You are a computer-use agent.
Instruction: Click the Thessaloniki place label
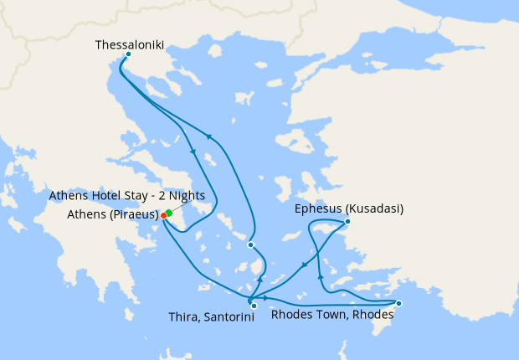[x=130, y=44]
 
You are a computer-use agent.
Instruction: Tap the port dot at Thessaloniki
[x=127, y=55]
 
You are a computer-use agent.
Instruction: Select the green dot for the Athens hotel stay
[x=169, y=213]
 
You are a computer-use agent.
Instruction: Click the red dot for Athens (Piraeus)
[x=163, y=215]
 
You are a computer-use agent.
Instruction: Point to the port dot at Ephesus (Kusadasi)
[x=347, y=222]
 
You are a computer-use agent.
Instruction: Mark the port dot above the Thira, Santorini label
[x=254, y=306]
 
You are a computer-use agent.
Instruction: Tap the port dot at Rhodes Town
[x=398, y=303]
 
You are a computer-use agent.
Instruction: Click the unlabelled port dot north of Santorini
[x=250, y=244]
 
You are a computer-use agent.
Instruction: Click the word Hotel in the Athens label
[x=108, y=196]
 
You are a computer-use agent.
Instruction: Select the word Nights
[x=187, y=196]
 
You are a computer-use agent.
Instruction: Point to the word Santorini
[x=228, y=317]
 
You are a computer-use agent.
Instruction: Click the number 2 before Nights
[x=164, y=196]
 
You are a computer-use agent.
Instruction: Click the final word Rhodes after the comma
[x=373, y=316]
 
